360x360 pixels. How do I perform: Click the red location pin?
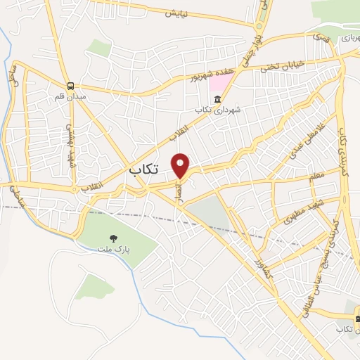click(181, 165)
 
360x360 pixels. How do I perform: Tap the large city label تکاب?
click(146, 170)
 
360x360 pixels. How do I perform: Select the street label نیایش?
click(177, 13)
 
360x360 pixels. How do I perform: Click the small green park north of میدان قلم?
click(99, 48)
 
